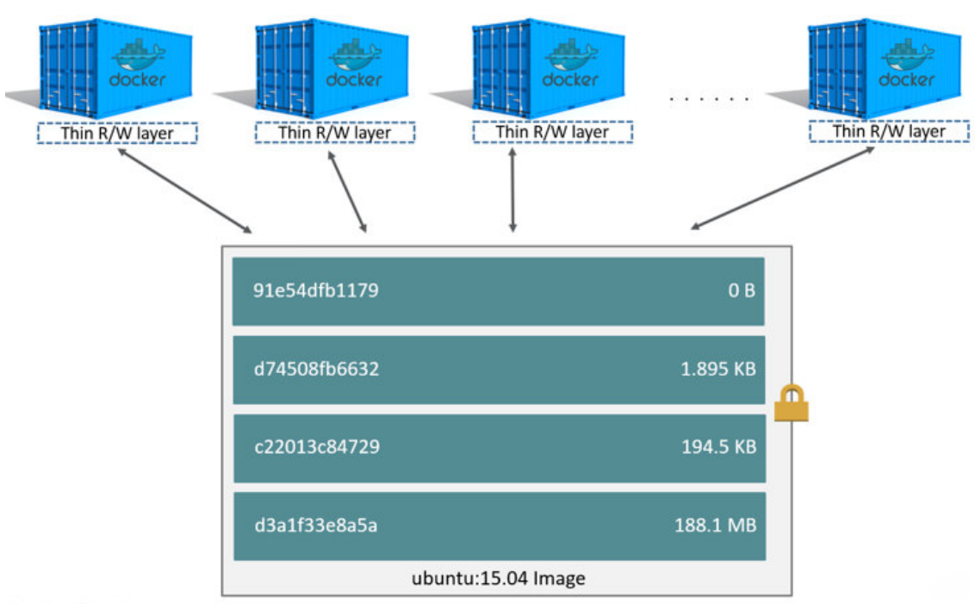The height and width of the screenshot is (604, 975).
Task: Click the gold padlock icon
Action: [791, 404]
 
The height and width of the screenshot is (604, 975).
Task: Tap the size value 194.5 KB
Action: [717, 448]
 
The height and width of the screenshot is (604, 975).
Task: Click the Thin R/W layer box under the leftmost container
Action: [117, 133]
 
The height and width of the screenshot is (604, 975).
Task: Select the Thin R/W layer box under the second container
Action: [335, 133]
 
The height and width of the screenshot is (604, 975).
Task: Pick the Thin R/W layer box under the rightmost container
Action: [889, 131]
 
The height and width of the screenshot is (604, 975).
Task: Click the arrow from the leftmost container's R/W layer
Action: [185, 190]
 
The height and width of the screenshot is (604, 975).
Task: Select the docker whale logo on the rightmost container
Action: [907, 54]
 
